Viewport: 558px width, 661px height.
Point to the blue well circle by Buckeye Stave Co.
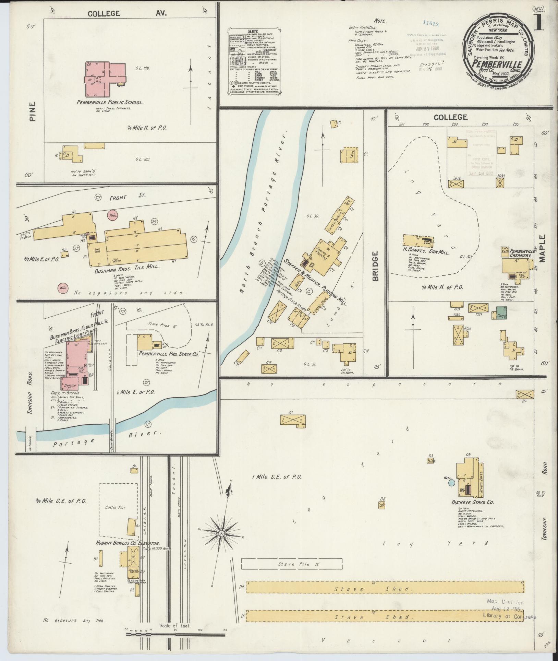pos(451,483)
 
